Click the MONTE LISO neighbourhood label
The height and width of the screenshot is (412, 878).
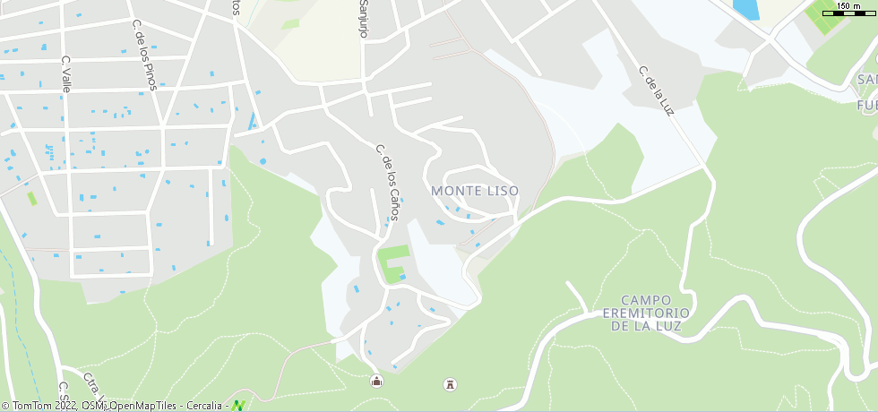tap(474, 191)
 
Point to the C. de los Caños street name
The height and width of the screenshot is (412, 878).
tap(388, 177)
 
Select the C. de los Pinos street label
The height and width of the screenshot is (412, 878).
tap(144, 55)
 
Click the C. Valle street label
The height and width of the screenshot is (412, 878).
tap(66, 73)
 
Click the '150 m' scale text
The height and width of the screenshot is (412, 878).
tap(849, 6)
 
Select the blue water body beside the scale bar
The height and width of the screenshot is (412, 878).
tap(745, 9)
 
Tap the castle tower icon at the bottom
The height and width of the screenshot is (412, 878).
tap(451, 384)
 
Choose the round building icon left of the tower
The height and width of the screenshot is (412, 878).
tap(376, 382)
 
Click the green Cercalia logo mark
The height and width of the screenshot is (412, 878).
tap(238, 406)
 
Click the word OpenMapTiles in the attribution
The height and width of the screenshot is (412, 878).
tap(144, 406)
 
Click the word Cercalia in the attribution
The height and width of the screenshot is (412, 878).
tap(205, 406)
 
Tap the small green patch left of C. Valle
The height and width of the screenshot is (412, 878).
tap(33, 198)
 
